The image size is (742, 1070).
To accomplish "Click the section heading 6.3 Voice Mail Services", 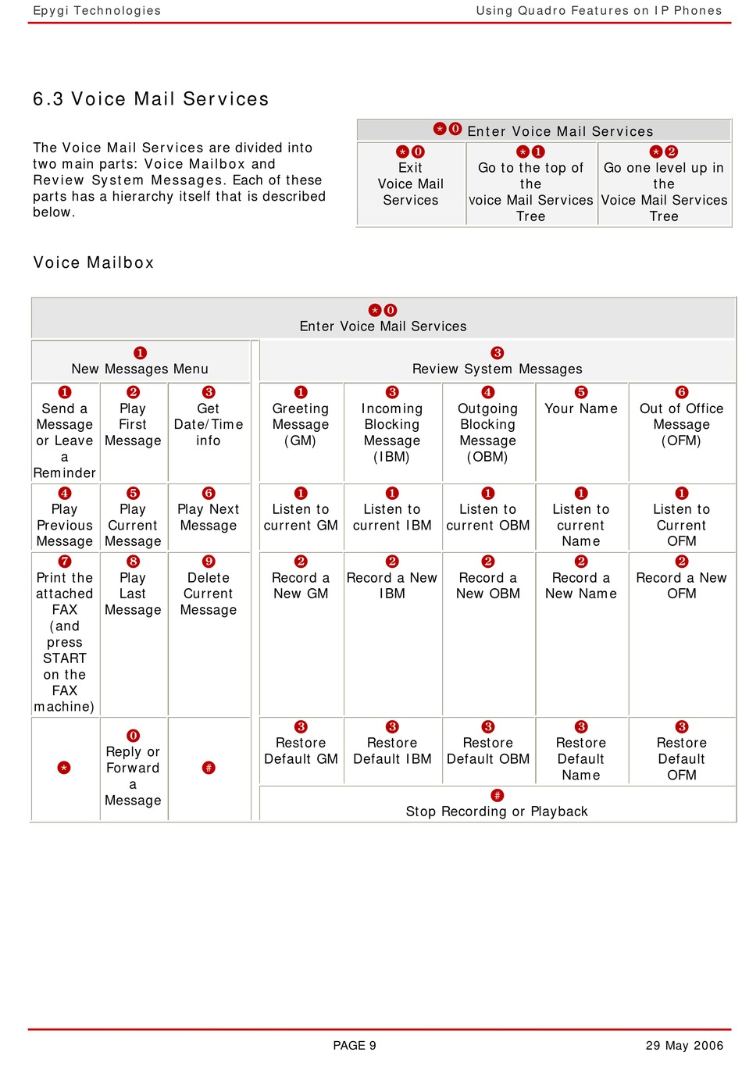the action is pos(151,98).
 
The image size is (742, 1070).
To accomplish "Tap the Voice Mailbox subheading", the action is pos(93,262).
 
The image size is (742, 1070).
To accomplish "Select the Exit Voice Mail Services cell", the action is pos(410,184).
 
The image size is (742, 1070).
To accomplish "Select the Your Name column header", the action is pos(580,408).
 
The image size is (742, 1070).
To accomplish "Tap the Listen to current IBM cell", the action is pos(392,517).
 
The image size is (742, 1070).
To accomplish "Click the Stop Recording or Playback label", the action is pos(497,811).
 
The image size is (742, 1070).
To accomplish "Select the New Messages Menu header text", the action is pos(140,369).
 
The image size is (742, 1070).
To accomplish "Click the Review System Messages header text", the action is pos(497,369).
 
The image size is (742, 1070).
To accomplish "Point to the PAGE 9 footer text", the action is pos(355,1045).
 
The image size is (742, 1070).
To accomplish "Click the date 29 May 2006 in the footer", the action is pos(684,1045).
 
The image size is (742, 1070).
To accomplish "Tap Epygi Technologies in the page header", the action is pos(97,10).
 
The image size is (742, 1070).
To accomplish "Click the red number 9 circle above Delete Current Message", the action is pos(209,562).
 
